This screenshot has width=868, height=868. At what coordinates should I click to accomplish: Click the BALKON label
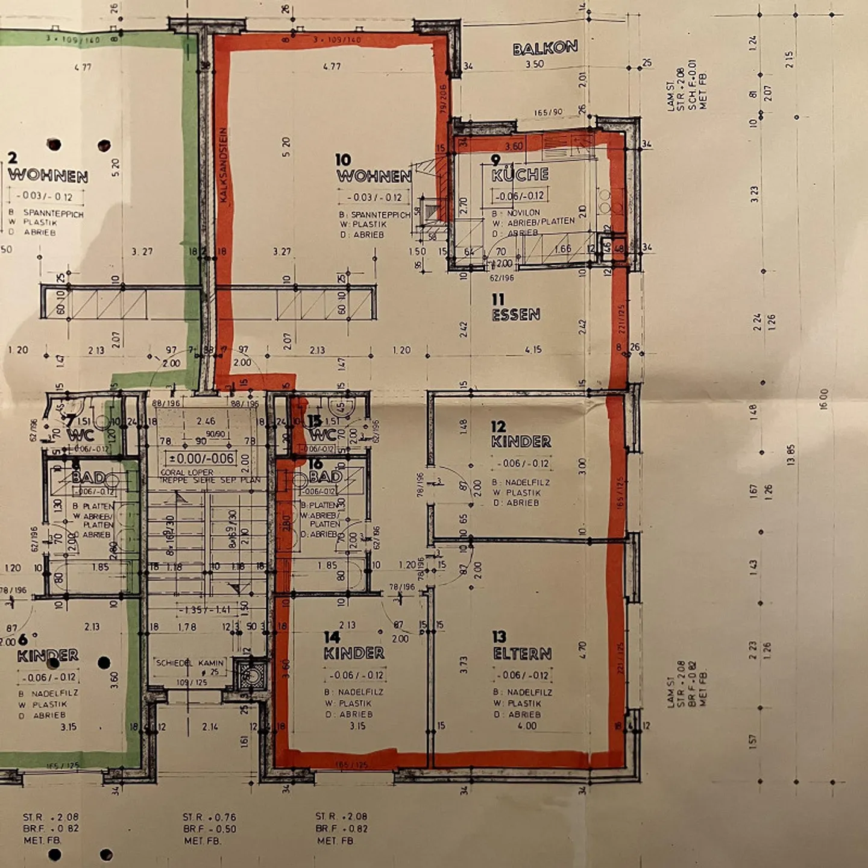545,48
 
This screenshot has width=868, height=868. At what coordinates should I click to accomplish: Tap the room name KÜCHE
520,175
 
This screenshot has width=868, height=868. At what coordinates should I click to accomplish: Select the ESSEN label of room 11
516,315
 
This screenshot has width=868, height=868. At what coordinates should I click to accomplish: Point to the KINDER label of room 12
521,442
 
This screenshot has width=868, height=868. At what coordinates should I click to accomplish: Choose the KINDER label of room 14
354,653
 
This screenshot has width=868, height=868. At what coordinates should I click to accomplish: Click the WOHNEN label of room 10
374,176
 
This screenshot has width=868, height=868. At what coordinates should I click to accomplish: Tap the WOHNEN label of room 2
48,176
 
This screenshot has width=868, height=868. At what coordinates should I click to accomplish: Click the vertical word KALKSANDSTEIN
224,164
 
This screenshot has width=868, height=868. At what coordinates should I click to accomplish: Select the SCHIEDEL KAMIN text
189,662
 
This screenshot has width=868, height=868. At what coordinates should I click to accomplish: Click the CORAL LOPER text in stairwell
187,472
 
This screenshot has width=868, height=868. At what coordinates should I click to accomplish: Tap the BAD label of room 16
325,477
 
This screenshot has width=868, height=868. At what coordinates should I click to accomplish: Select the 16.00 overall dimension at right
824,398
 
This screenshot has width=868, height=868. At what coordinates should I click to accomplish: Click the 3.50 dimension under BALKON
534,64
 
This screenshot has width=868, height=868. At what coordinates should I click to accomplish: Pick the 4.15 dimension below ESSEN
533,350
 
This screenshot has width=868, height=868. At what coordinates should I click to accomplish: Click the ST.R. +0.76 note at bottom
209,817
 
